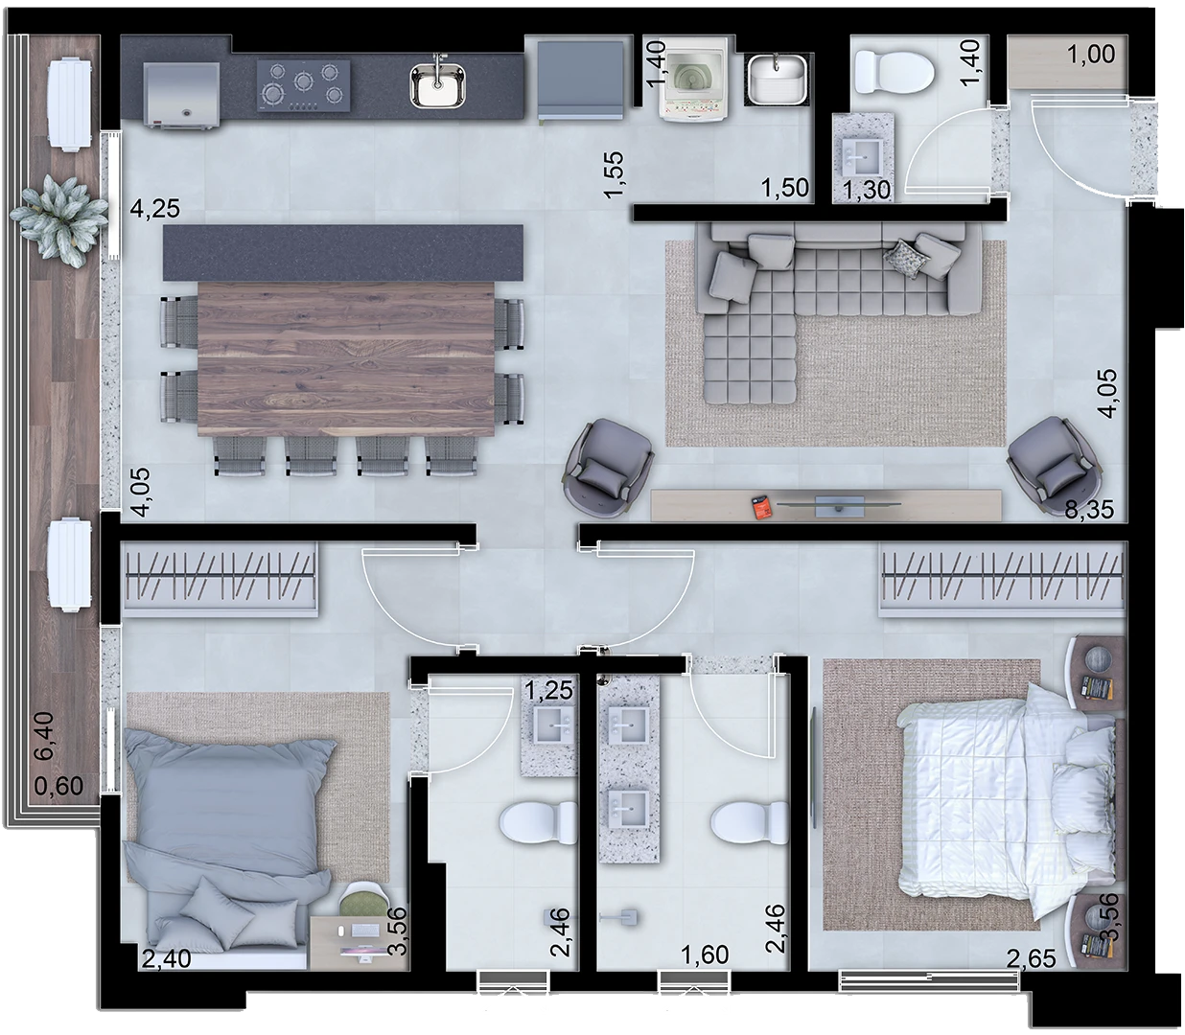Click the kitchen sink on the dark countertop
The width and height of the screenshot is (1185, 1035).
pos(437,85)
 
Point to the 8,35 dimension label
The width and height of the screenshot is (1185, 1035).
pos(1089,510)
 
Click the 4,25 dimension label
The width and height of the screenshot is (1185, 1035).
pos(154,208)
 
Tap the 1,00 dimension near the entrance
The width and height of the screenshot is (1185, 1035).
pos(1091,54)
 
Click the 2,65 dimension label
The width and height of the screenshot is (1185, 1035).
pos(1031,958)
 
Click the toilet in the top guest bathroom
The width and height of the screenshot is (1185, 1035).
pos(895,72)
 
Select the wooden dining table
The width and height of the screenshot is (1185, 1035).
pos(346,358)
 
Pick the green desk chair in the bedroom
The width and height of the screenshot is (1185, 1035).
pos(362,900)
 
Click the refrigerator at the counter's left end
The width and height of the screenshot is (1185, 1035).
pos(181,94)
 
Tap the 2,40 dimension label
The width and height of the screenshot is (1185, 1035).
pos(166,958)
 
